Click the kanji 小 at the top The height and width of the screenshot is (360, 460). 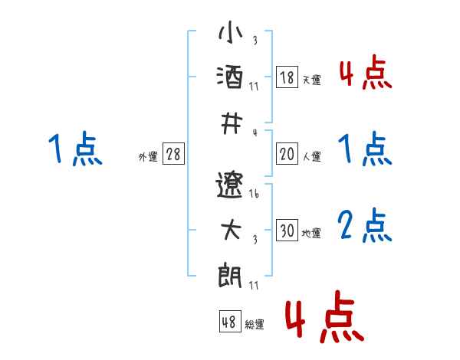pyautogui.click(x=230, y=35)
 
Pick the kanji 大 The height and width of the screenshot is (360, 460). pyautogui.click(x=230, y=230)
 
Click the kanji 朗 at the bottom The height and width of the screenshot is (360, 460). pyautogui.click(x=230, y=273)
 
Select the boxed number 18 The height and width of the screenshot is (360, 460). pyautogui.click(x=287, y=77)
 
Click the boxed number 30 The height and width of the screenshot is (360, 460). pyautogui.click(x=287, y=231)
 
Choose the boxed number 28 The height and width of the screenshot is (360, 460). pyautogui.click(x=174, y=154)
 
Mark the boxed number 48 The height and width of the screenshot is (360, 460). pyautogui.click(x=228, y=322)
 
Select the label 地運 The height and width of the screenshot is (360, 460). pyautogui.click(x=311, y=234)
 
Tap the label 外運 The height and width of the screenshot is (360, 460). pyautogui.click(x=148, y=157)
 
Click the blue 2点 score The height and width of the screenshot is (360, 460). pyautogui.click(x=366, y=225)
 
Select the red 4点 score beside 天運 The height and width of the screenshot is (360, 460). pyautogui.click(x=366, y=72)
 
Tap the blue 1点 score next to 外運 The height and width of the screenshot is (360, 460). pyautogui.click(x=75, y=149)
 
